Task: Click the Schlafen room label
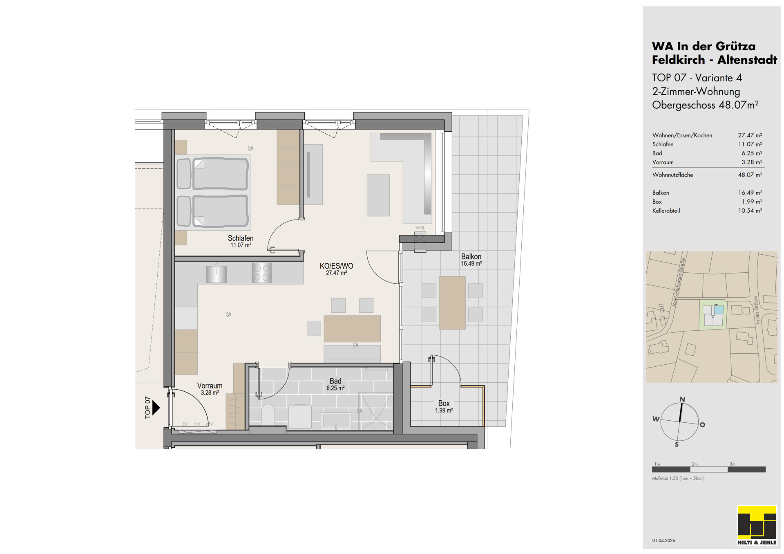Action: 241,238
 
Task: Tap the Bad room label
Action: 335,381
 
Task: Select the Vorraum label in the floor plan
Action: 210,386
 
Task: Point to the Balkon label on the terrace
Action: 471,256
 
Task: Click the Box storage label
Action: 444,403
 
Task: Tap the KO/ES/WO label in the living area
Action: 336,266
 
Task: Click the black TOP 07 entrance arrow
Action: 156,407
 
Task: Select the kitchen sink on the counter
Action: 216,273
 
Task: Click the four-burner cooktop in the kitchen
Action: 261,273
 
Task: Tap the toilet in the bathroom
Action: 268,414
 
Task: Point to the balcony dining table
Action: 452,303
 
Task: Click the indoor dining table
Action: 352,329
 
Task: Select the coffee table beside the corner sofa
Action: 378,195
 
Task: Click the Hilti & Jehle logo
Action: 757,526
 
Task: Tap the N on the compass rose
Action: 682,399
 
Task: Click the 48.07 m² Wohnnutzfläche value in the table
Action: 750,175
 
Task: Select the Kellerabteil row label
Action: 666,211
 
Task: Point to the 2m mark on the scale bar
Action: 695,464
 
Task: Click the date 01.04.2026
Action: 663,541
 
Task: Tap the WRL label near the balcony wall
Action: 420,228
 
